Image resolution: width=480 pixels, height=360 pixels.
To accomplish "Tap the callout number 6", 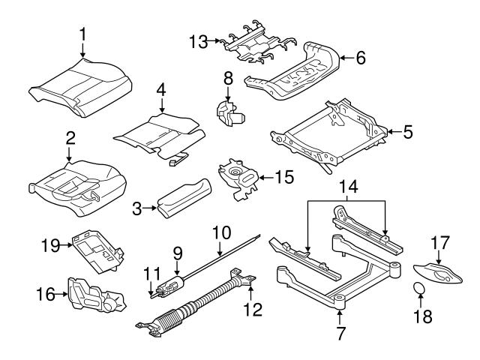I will coord(360,57).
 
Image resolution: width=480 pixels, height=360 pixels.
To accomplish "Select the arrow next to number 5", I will coord(391,133).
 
